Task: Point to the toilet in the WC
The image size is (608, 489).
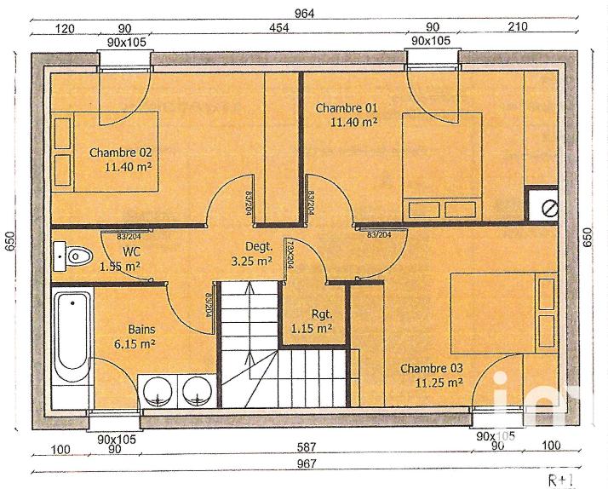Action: [x=75, y=254]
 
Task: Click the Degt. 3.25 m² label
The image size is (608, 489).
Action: [x=252, y=254]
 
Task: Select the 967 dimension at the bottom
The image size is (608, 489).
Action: [x=307, y=463]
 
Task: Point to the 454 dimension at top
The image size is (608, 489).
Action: [x=279, y=28]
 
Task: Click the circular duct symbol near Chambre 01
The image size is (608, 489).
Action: [x=549, y=207]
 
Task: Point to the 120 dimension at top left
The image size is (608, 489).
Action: [x=65, y=28]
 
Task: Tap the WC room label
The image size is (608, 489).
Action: [x=132, y=251]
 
